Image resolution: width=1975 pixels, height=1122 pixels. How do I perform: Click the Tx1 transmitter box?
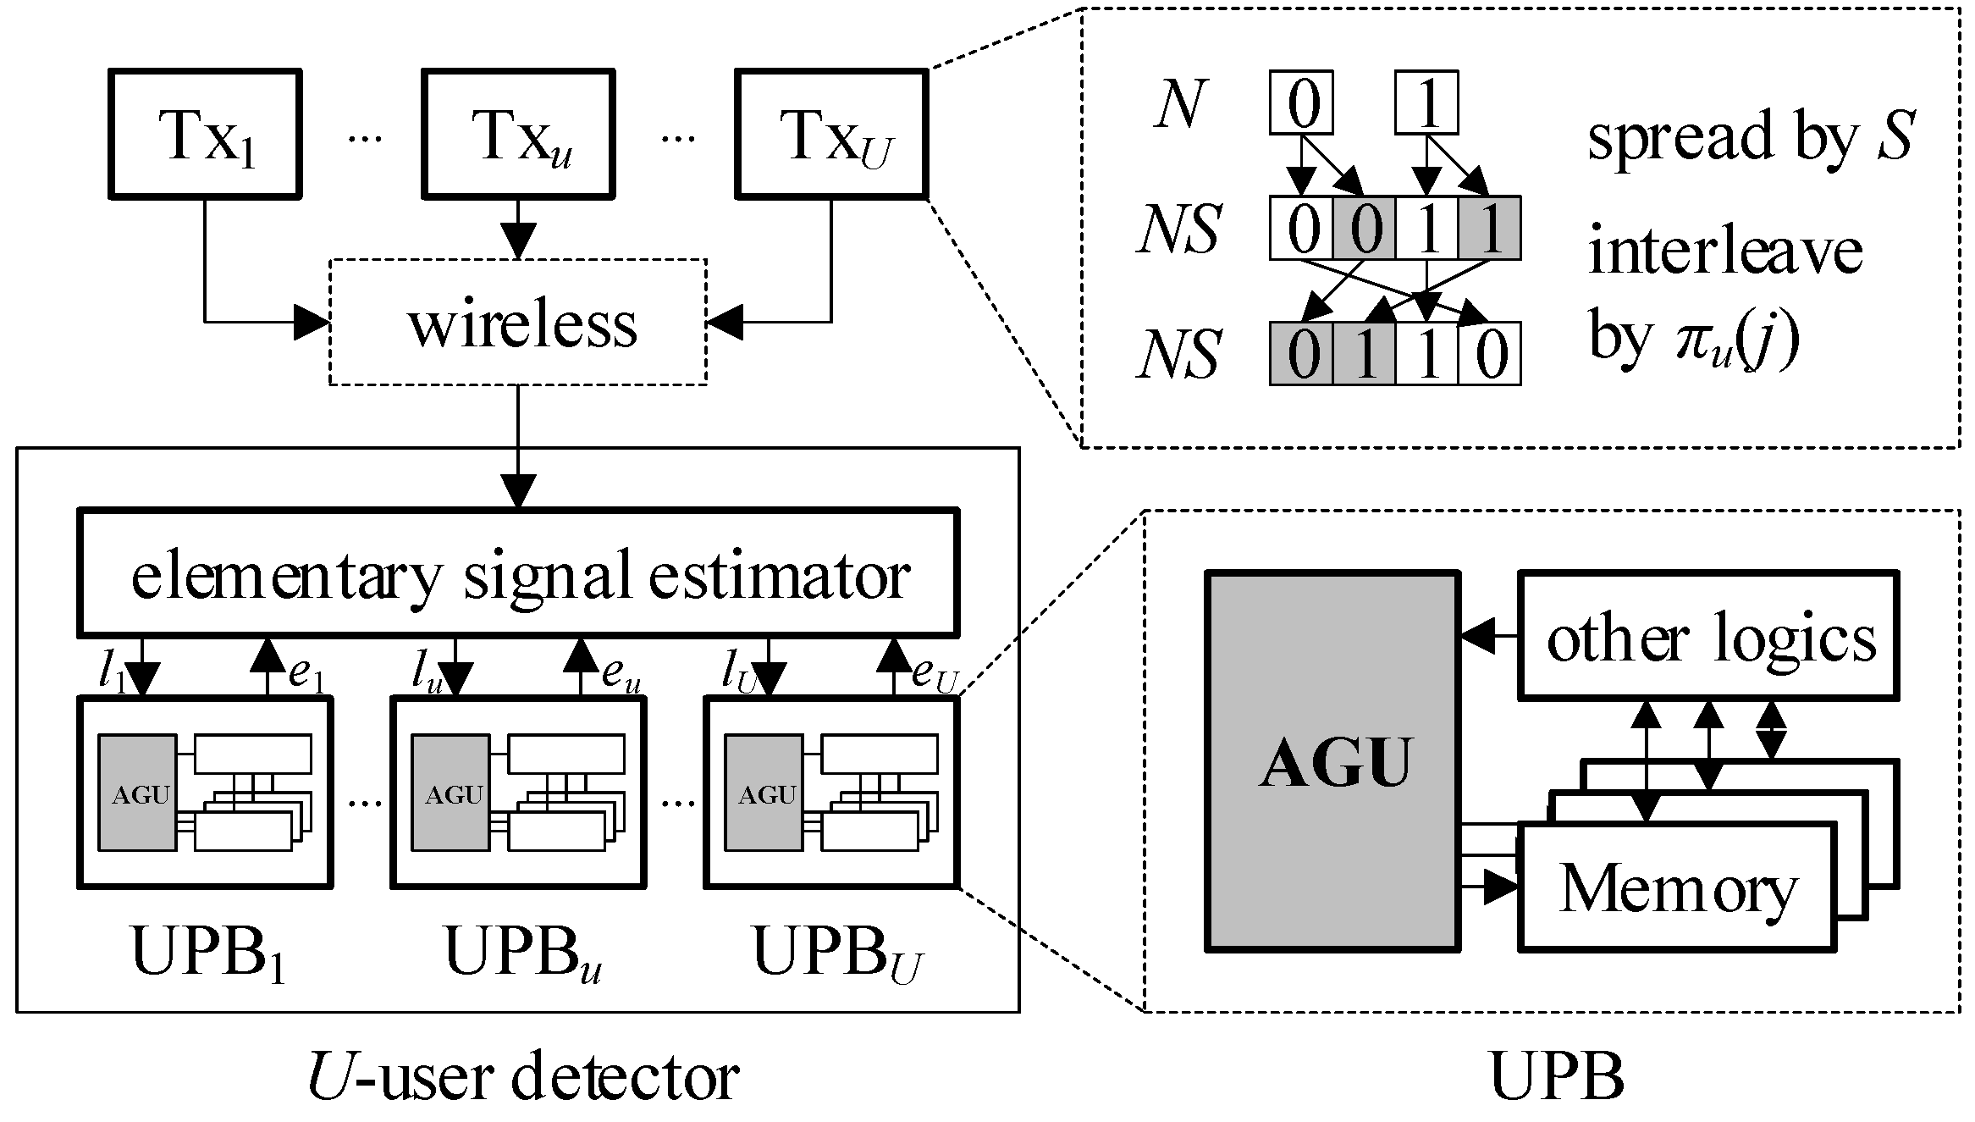pyautogui.click(x=205, y=134)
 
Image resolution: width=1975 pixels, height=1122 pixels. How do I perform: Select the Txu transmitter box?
pyautogui.click(x=518, y=134)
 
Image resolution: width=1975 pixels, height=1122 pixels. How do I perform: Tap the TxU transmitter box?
pyautogui.click(x=831, y=134)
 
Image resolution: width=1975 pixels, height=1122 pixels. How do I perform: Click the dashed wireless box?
pyautogui.click(x=518, y=323)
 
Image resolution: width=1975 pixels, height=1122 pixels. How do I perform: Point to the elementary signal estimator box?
pyautogui.click(x=518, y=573)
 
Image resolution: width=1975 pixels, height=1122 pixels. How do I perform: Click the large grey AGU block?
pyautogui.click(x=1332, y=761)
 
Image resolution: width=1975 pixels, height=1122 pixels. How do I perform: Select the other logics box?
pyautogui.click(x=1708, y=636)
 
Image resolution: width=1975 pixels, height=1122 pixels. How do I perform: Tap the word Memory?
pyautogui.click(x=1677, y=888)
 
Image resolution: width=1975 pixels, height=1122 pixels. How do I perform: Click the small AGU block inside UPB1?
pyautogui.click(x=138, y=793)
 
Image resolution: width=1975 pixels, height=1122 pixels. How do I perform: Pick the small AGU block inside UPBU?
pyautogui.click(x=764, y=793)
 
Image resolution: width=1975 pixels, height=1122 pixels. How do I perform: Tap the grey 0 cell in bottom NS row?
pyautogui.click(x=1301, y=354)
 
